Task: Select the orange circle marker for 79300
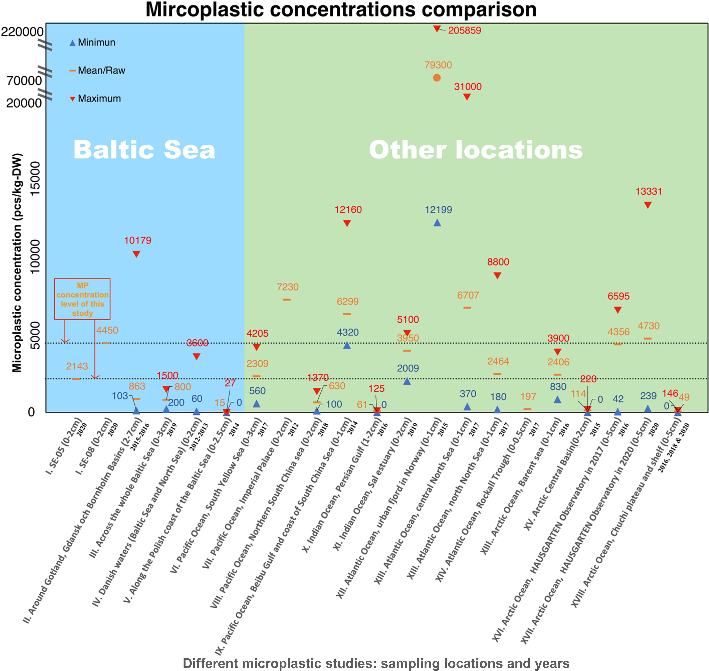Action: click(x=437, y=78)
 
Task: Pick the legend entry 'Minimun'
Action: click(x=97, y=42)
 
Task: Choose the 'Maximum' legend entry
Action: click(x=99, y=99)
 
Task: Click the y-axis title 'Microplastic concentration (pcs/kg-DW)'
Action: click(x=17, y=263)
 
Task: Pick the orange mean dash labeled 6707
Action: click(x=467, y=308)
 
